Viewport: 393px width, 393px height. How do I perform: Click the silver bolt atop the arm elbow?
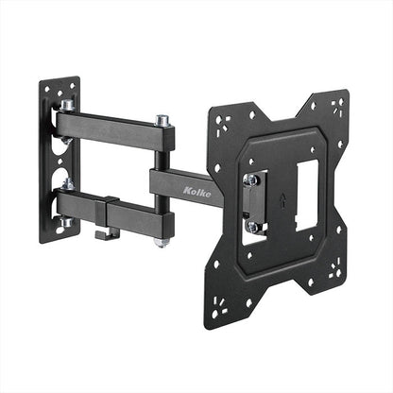coord(163,121)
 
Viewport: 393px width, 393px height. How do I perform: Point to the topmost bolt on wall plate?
coord(68,93)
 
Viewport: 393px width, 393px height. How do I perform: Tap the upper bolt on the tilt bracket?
coord(252,179)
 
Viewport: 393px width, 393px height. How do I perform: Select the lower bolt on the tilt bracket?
coord(252,227)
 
